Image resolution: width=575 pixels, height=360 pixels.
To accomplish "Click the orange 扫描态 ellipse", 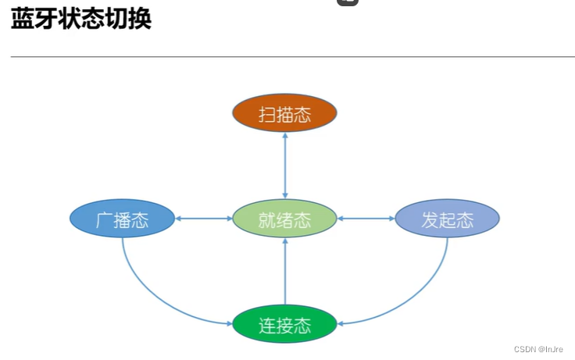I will (x=284, y=114).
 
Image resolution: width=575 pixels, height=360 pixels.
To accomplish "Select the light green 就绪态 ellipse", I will (x=284, y=219).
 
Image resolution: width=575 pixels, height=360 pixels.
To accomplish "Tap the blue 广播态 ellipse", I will (x=121, y=219).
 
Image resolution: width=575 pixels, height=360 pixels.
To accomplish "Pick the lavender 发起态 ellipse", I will (x=446, y=219).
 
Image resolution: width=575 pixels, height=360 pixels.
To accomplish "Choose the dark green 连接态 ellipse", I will (x=284, y=324).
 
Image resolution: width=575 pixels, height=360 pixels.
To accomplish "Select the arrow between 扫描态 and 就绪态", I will (x=284, y=166).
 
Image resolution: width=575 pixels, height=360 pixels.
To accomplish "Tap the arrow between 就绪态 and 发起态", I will (x=366, y=219).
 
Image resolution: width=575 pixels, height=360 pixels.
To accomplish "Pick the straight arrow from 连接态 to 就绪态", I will (x=284, y=271).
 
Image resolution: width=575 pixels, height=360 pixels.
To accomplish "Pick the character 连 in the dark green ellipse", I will (x=266, y=325).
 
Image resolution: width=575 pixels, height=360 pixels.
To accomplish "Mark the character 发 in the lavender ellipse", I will (x=429, y=219).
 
